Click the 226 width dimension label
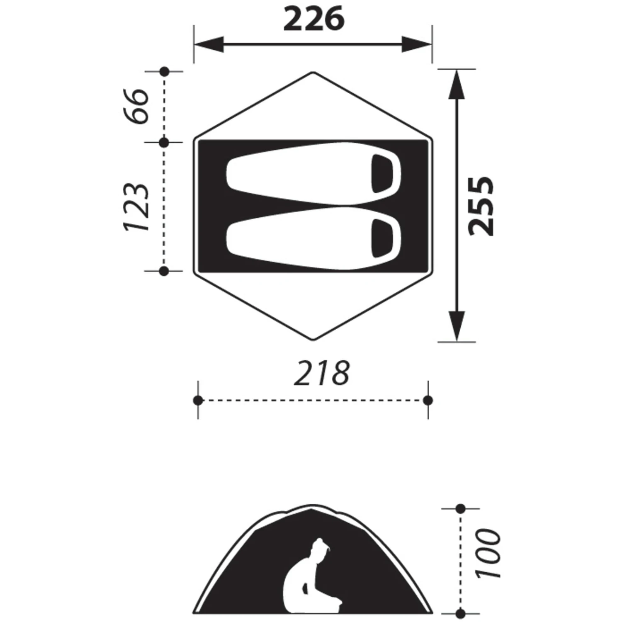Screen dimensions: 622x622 314,19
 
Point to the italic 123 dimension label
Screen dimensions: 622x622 136,207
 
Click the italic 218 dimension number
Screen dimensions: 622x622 322,373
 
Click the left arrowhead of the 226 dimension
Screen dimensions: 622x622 209,44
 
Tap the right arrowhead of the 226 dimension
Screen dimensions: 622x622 417,44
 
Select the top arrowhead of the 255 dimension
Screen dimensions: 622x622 457,85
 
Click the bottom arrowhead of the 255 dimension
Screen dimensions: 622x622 457,326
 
